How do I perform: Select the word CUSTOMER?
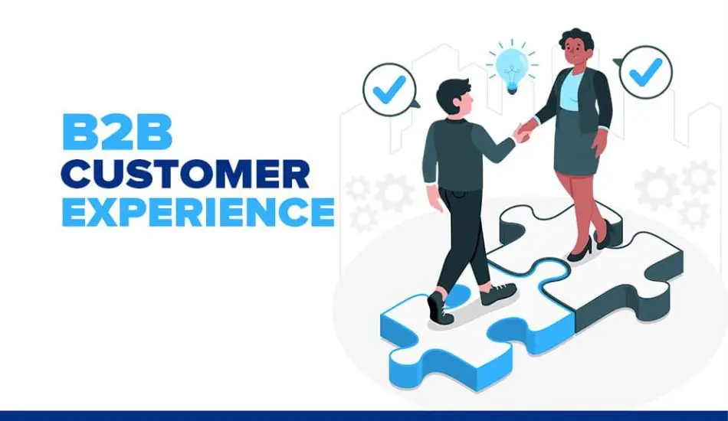pos(185,174)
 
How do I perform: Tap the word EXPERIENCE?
pos(198,212)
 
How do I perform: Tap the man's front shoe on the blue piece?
pos(438,305)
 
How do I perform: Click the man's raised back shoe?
pos(498,292)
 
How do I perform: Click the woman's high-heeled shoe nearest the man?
pos(580,247)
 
